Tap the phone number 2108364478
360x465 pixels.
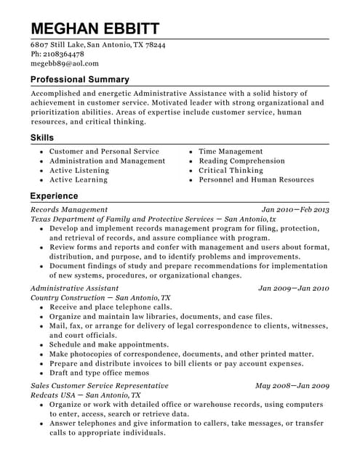[x=64, y=54]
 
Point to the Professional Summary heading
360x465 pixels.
[x=80, y=79]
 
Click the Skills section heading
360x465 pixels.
[x=41, y=137]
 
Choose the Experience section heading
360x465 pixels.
[x=54, y=195]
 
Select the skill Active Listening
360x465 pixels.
[x=79, y=170]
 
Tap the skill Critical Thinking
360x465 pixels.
[x=231, y=170]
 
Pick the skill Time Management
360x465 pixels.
[x=231, y=151]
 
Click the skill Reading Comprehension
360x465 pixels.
[x=242, y=161]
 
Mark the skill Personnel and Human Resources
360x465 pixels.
[x=257, y=179]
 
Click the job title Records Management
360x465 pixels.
[x=69, y=209]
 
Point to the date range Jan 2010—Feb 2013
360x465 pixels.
[x=295, y=209]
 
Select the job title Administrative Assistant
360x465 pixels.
[x=73, y=288]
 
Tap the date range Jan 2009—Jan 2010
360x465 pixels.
[x=294, y=288]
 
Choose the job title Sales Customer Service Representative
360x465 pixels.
[x=100, y=385]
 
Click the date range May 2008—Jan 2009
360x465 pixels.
[x=292, y=385]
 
